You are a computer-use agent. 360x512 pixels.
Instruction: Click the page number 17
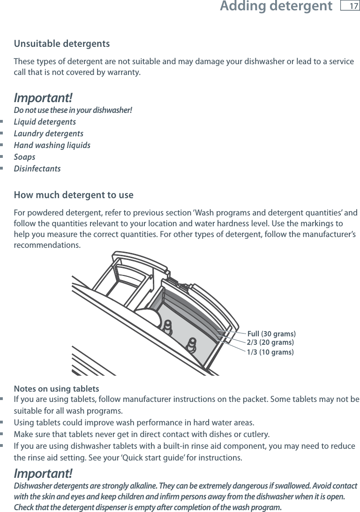350,6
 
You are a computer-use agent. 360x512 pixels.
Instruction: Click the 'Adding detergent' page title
276,7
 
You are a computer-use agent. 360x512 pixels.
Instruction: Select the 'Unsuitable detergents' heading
62,44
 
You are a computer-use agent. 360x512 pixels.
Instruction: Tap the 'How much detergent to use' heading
74,195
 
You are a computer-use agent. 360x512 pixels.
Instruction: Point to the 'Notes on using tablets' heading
56,389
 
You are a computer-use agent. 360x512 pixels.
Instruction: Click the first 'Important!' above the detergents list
43,98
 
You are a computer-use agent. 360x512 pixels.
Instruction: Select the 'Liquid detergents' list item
45,122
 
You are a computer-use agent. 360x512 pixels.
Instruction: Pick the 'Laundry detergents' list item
48,134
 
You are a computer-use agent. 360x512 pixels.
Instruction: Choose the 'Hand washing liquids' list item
52,145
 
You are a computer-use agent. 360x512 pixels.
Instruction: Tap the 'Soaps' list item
24,157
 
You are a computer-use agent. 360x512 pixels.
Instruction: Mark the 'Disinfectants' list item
37,169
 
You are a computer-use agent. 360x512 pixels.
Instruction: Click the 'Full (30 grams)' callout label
271,334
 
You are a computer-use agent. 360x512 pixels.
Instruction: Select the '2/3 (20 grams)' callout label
270,342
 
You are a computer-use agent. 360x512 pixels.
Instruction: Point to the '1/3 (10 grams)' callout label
270,352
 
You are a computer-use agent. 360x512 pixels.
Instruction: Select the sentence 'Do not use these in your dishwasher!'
73,111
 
